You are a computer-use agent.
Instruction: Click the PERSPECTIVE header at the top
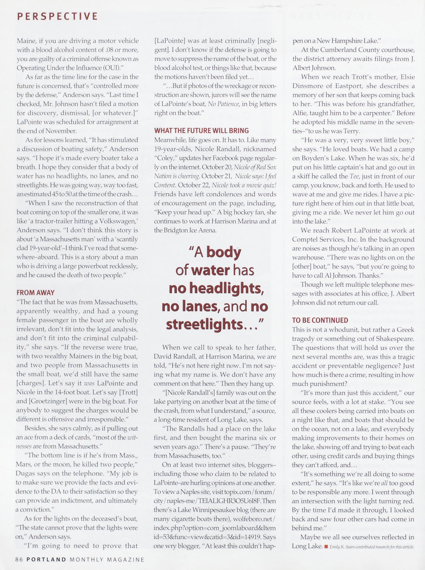(x=57, y=16)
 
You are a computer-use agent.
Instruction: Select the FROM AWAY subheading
(x=35, y=293)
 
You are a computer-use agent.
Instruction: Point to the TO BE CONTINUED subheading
(x=320, y=320)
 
